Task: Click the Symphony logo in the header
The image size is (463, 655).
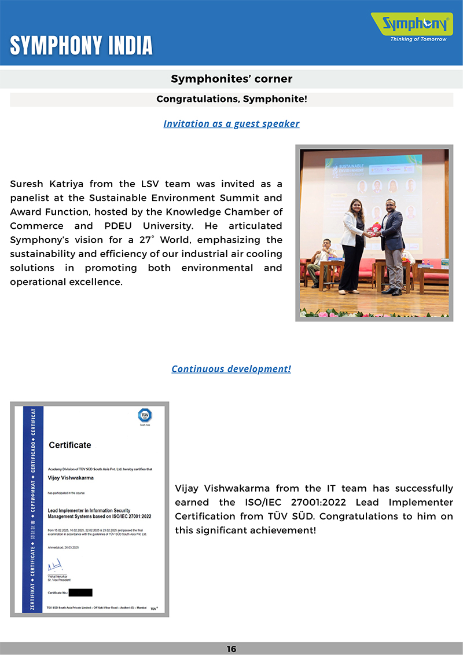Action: click(x=412, y=24)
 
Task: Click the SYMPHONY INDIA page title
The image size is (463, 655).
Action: click(x=82, y=45)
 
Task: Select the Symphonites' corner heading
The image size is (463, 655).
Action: click(x=231, y=79)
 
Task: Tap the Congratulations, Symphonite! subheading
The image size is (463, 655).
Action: click(x=231, y=99)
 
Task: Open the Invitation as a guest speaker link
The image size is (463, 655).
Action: click(x=231, y=123)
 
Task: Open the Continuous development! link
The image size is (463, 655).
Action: click(x=231, y=369)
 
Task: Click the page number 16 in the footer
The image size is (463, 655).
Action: click(x=231, y=649)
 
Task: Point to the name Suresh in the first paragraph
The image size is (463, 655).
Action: click(x=28, y=184)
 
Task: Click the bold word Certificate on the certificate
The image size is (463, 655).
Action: click(x=70, y=445)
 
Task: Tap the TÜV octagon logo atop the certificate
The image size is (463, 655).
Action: click(x=145, y=415)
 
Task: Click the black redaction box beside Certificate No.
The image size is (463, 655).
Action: click(x=80, y=592)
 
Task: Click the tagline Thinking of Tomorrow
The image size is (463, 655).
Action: click(x=418, y=39)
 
